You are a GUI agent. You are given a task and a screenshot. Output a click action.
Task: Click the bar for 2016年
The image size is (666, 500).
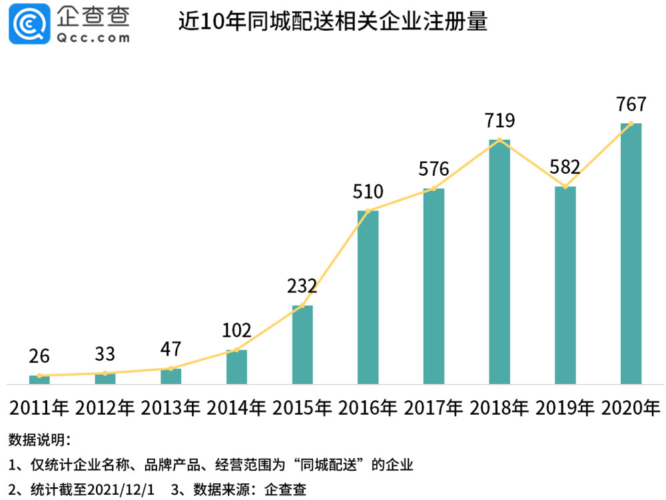[368, 297]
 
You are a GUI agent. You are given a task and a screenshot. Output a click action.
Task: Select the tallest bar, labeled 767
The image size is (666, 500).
[631, 254]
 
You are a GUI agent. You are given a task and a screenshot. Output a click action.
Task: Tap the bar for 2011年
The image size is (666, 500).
[39, 379]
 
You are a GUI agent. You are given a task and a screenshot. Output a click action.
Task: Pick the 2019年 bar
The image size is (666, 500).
[565, 285]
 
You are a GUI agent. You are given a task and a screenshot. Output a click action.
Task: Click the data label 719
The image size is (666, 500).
[499, 121]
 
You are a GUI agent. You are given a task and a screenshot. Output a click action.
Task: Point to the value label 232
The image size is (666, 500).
[302, 286]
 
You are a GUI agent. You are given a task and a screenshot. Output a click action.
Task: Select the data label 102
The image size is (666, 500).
[236, 330]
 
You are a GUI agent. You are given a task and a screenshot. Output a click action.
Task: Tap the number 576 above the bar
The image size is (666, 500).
[434, 169]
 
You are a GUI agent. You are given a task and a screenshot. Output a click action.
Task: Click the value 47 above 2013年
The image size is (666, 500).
[170, 349]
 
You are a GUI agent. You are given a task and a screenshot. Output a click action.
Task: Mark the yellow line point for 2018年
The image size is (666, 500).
[499, 140]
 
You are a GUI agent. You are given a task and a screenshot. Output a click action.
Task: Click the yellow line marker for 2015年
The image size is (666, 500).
[302, 306]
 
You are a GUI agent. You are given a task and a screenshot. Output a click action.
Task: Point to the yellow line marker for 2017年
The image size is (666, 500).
[434, 188]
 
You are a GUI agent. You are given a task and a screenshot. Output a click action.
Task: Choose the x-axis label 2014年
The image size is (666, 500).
[236, 408]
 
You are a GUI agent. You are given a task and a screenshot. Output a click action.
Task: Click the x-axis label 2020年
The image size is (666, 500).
[631, 408]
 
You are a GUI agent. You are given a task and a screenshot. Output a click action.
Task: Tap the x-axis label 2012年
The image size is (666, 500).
[105, 408]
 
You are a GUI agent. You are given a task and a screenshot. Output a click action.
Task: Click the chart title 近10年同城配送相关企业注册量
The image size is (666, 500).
[332, 21]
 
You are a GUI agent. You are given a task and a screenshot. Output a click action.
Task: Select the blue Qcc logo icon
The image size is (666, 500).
[29, 24]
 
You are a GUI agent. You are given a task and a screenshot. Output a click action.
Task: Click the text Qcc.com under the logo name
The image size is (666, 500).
[93, 38]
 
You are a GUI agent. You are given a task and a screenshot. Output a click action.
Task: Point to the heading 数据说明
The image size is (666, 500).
[39, 439]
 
